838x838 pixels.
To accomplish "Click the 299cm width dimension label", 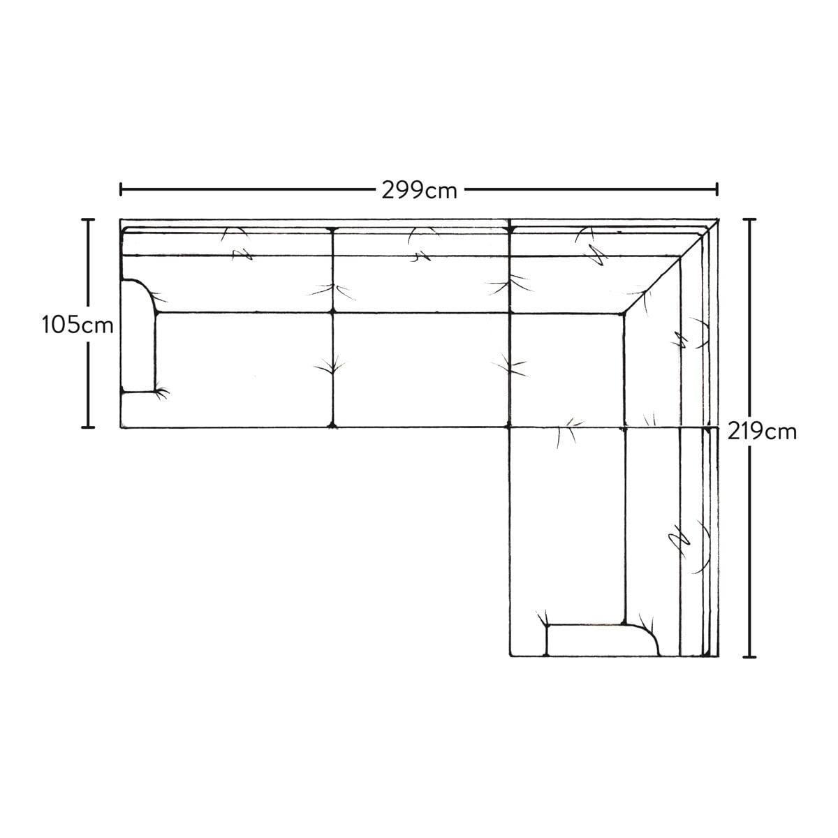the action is coord(419,190).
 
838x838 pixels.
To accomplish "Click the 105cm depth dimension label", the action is coord(78,325).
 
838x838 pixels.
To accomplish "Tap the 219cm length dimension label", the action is coord(761,432).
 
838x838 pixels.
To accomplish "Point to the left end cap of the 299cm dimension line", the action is coord(121,190).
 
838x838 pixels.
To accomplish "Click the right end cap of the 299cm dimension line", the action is coord(717,190).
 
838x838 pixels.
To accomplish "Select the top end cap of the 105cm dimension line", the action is coord(88,220).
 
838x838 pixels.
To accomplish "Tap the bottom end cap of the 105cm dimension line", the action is coord(88,427).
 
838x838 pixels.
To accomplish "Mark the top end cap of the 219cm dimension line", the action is coord(749,219).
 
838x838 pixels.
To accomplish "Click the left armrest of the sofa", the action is coord(138,336).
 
